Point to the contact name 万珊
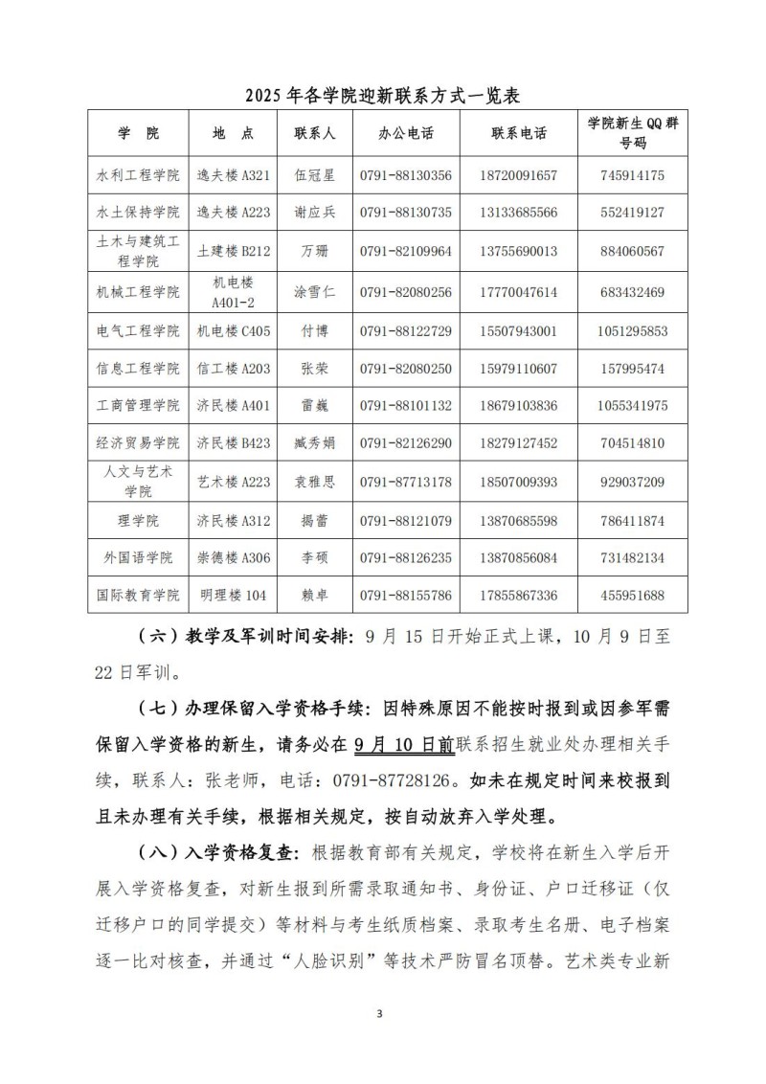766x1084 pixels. point(314,251)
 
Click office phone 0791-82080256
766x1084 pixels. point(406,291)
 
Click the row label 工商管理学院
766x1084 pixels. point(138,406)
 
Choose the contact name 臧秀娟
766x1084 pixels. point(314,443)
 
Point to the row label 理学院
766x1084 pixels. point(138,521)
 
